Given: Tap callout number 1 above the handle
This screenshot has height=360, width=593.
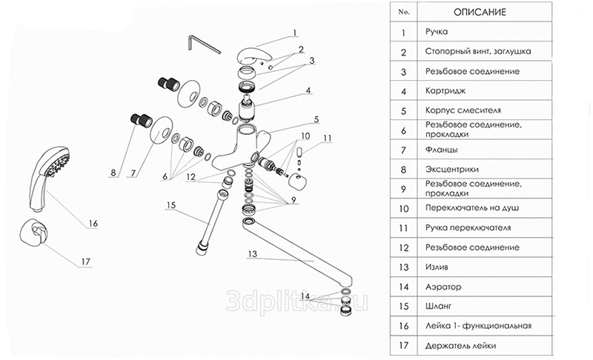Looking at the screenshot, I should pyautogui.click(x=294, y=33).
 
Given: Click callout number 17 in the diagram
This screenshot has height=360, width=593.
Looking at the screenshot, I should pyautogui.click(x=86, y=261).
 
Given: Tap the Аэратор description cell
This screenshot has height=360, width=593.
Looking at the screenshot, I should pyautogui.click(x=443, y=285).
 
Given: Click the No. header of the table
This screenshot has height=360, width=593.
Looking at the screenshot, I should pyautogui.click(x=403, y=13).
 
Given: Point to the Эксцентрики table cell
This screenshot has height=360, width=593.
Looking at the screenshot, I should pyautogui.click(x=453, y=169).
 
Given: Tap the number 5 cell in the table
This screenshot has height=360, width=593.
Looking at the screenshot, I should pyautogui.click(x=403, y=110).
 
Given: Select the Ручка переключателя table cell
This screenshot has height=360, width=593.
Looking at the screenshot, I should pyautogui.click(x=468, y=227).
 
